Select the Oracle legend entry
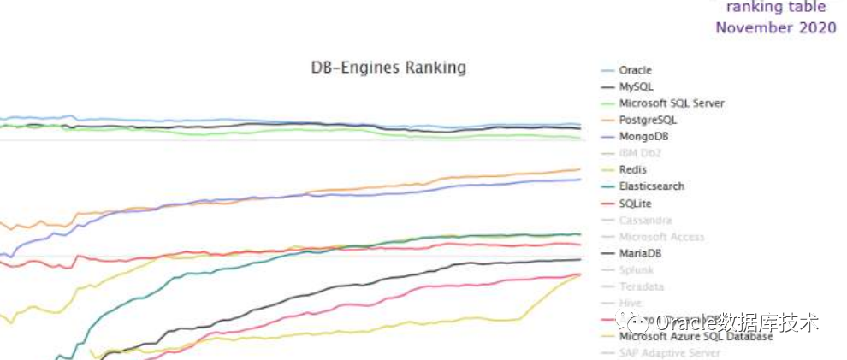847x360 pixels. pos(635,70)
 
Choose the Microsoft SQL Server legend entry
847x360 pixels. pos(671,103)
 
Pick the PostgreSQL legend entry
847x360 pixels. pos(649,120)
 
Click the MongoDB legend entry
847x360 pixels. pos(643,137)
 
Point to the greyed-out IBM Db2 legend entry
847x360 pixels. pos(640,153)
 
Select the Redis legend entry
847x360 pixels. pos(632,170)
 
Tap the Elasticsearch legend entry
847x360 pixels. pos(651,186)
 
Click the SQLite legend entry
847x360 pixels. pos(635,204)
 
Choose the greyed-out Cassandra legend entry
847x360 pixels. pos(645,220)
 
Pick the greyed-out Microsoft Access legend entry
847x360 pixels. pos(661,237)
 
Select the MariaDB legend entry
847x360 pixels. pos(640,253)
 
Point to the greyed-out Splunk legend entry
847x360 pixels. pos(635,270)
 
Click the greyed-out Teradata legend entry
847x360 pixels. pos(641,286)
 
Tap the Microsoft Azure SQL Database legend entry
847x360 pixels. pos(695,336)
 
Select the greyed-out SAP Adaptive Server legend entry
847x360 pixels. pos(669,352)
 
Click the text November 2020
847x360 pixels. pos(775,27)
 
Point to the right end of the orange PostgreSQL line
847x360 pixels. pos(580,169)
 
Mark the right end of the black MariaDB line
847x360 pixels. pos(580,259)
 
